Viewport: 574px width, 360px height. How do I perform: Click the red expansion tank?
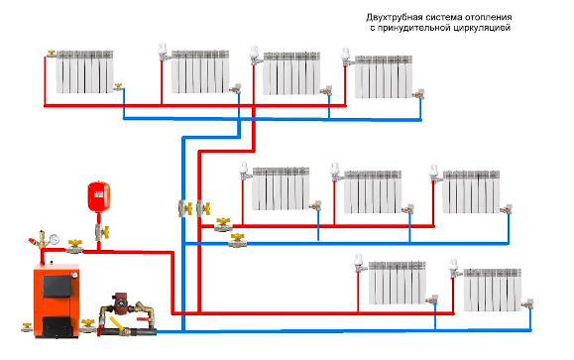pos(99,196)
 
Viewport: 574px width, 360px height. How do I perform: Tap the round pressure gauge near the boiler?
pos(55,239)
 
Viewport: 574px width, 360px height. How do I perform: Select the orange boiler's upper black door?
pos(57,286)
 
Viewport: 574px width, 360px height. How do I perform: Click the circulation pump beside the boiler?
pos(120,302)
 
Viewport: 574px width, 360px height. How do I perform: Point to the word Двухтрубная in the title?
pos(393,17)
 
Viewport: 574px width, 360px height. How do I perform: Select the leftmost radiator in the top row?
pos(85,71)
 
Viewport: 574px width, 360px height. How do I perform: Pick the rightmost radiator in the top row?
pos(384,77)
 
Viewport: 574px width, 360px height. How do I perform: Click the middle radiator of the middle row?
pos(373,192)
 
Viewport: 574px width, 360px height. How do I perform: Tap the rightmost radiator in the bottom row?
pos(493,290)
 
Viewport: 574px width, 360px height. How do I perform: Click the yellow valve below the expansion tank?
pos(102,232)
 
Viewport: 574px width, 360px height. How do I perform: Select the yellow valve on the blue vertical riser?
pos(185,208)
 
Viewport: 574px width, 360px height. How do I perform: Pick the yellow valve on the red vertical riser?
pos(203,208)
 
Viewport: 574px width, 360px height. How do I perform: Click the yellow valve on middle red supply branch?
pos(223,225)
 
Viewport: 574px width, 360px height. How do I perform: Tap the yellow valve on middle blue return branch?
pos(238,241)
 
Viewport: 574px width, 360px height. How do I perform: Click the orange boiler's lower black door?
pos(57,325)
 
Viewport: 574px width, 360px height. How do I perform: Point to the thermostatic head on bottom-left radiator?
pos(359,261)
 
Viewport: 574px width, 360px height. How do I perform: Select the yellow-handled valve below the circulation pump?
pos(116,325)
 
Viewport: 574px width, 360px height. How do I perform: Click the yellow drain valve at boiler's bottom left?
pos(27,327)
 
